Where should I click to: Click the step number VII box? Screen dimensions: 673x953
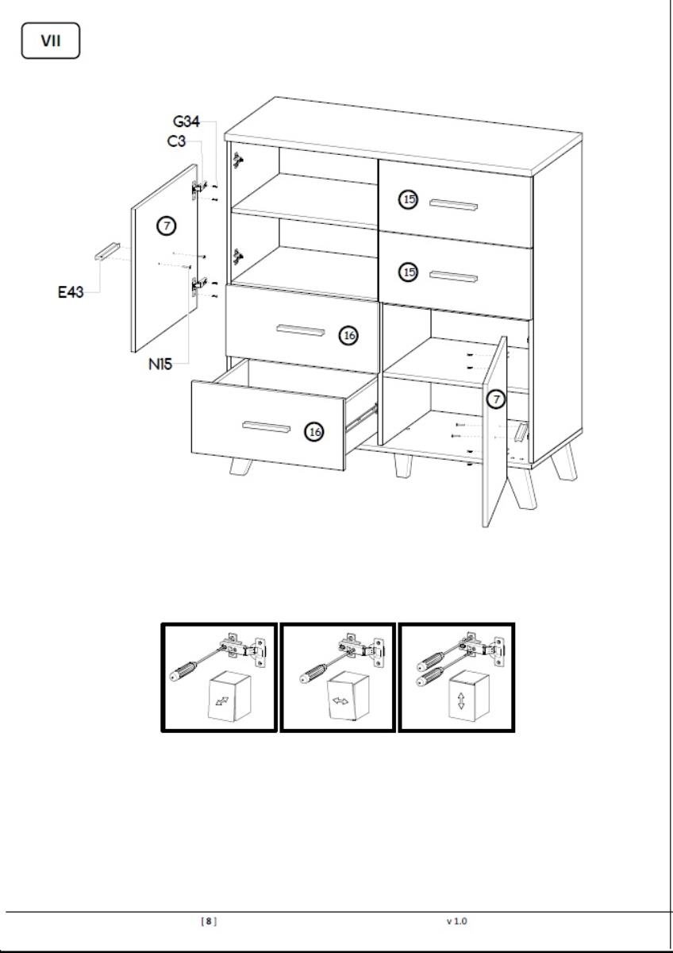point(51,41)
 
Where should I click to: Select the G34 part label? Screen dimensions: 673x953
point(187,122)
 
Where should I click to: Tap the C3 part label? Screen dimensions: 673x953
point(176,141)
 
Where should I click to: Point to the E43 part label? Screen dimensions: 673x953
point(71,292)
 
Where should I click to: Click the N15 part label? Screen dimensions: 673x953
point(160,365)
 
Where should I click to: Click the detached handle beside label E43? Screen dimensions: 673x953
point(107,251)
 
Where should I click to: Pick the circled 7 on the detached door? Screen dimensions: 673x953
point(166,226)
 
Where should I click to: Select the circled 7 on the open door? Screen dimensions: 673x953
point(496,399)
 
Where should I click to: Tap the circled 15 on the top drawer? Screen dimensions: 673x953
point(409,199)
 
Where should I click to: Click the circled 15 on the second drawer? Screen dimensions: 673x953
point(409,272)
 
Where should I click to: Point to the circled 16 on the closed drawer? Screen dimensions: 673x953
point(348,336)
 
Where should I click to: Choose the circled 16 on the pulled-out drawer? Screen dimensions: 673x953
point(314,432)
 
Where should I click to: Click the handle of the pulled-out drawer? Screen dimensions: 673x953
point(267,426)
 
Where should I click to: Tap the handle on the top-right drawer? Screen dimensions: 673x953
point(453,205)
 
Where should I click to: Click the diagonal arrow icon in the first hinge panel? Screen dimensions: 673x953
point(222,700)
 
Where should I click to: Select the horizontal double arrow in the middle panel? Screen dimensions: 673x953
point(340,700)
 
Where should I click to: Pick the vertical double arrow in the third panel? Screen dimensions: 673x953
point(461,700)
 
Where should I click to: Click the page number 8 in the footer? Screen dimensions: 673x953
point(208,921)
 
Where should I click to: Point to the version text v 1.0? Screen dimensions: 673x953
point(456,921)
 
